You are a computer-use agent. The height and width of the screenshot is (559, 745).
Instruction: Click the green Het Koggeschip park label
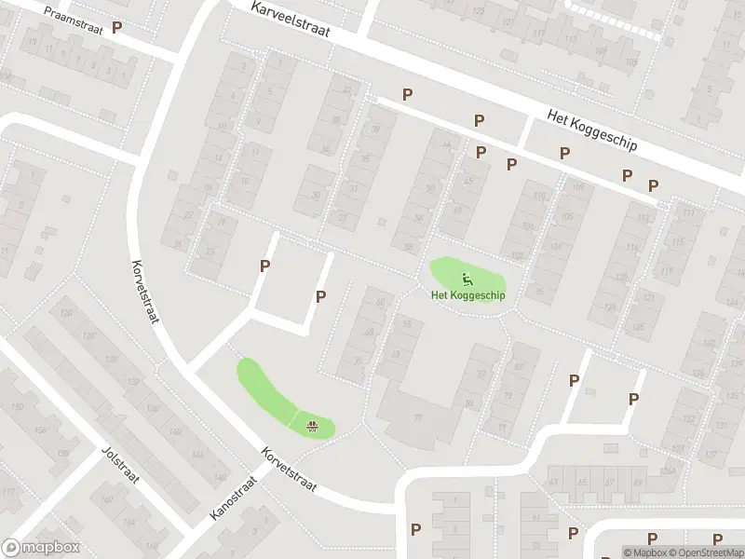click(467, 295)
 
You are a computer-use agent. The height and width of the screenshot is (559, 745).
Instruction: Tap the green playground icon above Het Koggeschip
click(467, 278)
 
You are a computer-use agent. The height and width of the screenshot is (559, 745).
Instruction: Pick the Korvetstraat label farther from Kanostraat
click(146, 290)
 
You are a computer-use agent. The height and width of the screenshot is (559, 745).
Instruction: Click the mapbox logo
click(41, 548)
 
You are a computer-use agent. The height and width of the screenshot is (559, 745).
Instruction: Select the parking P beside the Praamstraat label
click(116, 28)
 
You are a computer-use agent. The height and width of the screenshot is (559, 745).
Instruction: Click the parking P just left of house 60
click(321, 297)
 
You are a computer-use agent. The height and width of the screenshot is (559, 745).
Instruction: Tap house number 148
click(221, 477)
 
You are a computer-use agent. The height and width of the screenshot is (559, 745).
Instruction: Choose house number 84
click(468, 403)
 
